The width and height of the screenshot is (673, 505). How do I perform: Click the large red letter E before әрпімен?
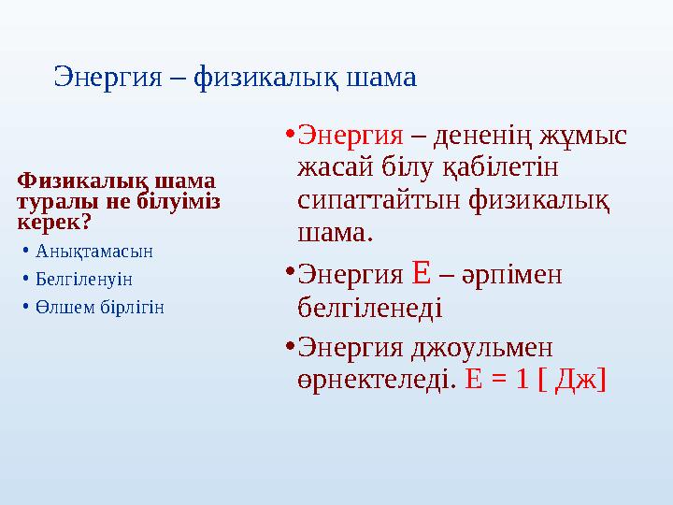coord(421,272)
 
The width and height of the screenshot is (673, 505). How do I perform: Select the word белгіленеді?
coord(368,306)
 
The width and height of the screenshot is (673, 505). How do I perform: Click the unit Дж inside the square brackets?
coord(573,379)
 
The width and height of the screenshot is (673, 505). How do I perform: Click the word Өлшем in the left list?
coord(57,306)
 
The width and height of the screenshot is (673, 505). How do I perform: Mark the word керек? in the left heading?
coord(53,223)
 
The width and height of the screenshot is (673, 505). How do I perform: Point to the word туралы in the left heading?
coord(48,201)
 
